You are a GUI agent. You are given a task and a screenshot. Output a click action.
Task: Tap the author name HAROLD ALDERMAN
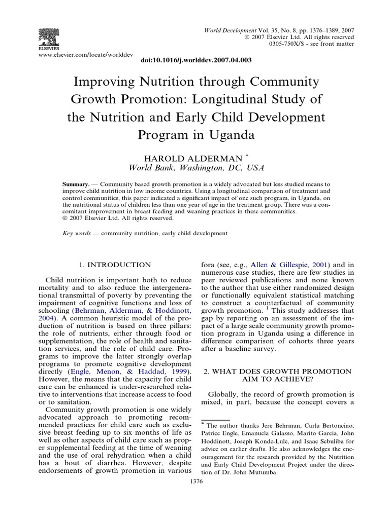coord(192,158)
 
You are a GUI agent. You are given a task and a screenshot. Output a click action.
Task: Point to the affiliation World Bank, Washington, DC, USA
coord(195,168)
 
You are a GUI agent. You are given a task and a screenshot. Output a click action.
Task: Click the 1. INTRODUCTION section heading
coord(116,265)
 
